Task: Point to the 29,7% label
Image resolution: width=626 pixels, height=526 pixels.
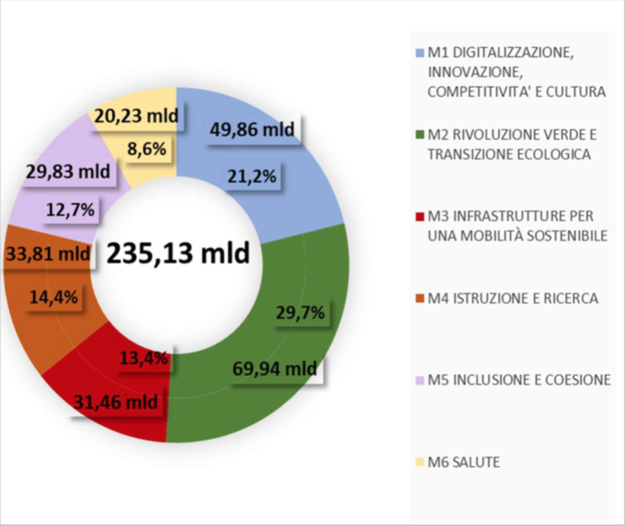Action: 299,313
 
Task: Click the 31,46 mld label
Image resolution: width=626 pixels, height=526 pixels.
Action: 115,403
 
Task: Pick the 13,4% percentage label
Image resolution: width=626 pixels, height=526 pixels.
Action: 144,358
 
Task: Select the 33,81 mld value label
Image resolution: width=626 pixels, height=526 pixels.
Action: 47,253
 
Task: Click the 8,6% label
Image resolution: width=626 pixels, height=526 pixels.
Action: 146,150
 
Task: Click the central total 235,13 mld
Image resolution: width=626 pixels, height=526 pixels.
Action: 179,253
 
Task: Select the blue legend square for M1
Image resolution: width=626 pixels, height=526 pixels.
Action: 421,53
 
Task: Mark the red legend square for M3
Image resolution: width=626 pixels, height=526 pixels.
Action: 421,216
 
